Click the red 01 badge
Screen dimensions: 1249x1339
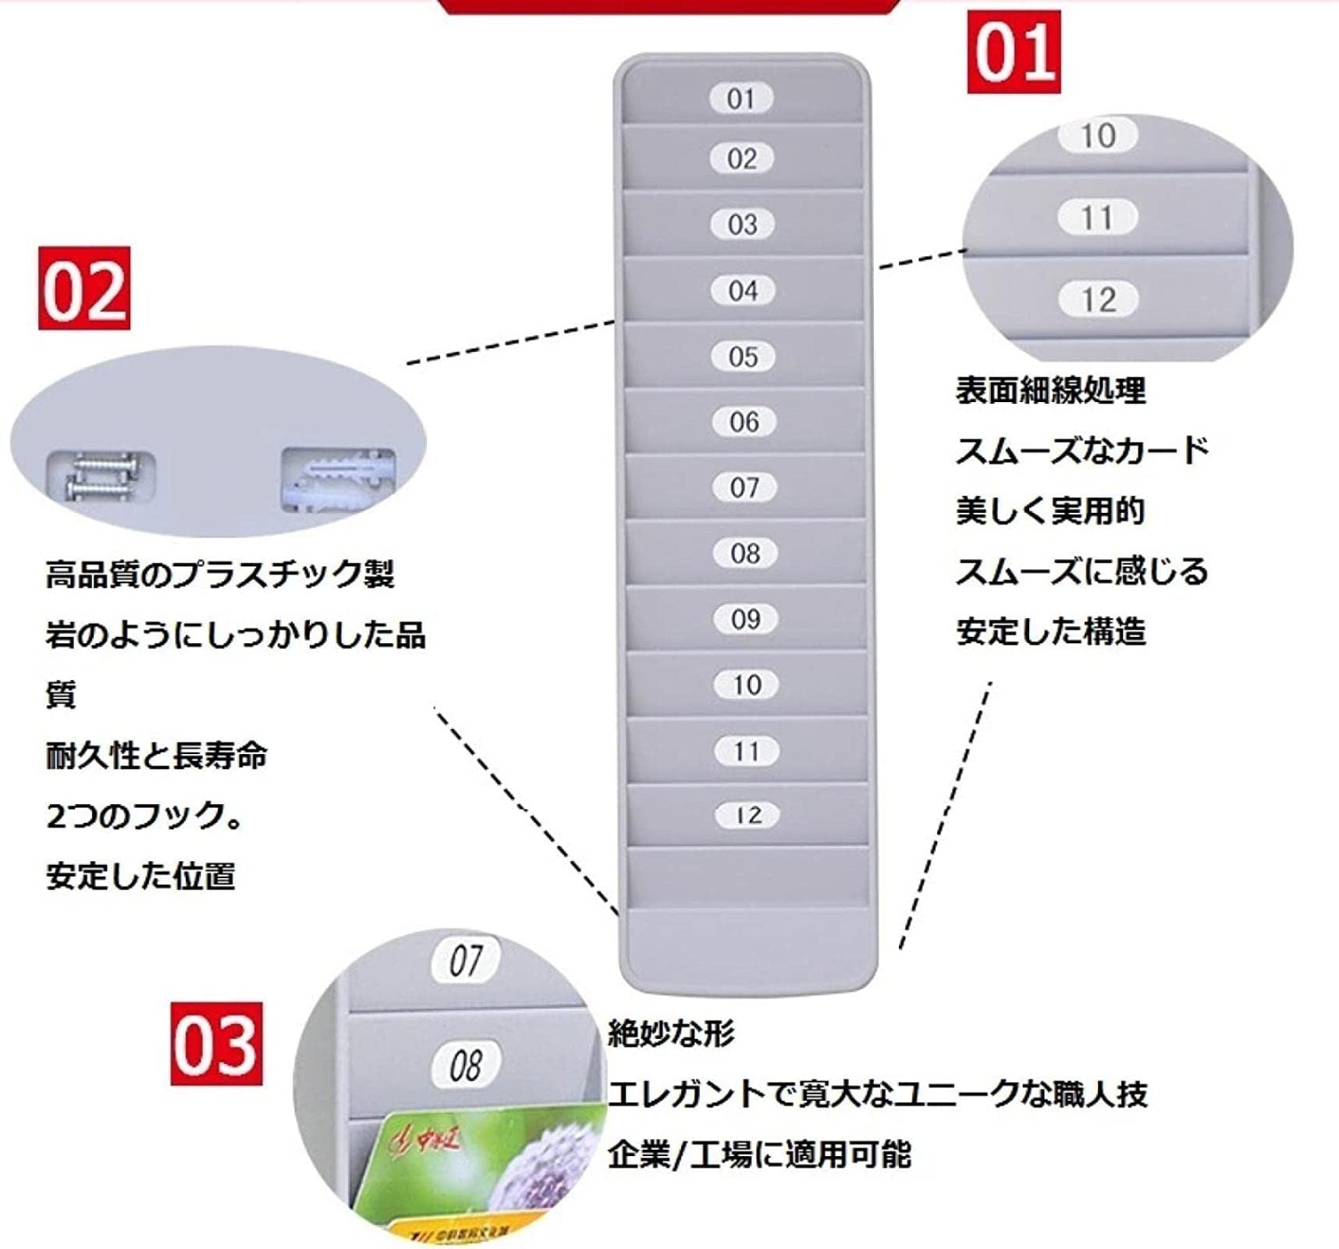(1014, 52)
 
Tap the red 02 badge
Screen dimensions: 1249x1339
(84, 289)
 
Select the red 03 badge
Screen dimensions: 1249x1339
(216, 1044)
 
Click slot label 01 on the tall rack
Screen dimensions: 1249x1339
(741, 99)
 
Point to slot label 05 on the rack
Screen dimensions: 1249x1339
(743, 357)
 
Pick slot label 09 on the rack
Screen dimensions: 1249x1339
(745, 619)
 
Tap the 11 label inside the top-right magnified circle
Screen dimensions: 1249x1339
(1096, 218)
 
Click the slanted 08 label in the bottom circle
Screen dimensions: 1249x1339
(466, 1065)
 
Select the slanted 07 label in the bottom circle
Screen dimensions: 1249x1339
(466, 960)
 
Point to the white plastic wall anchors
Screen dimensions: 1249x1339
(338, 478)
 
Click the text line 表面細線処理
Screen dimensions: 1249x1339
(1050, 390)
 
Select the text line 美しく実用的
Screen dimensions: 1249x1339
(1050, 511)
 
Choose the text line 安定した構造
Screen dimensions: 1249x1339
(1050, 632)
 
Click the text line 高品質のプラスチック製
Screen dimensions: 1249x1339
(220, 575)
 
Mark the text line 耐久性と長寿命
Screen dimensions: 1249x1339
(156, 756)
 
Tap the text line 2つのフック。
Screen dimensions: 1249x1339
(144, 817)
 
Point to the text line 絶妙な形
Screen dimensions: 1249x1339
(670, 1034)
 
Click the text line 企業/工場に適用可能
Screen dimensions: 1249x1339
(758, 1155)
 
